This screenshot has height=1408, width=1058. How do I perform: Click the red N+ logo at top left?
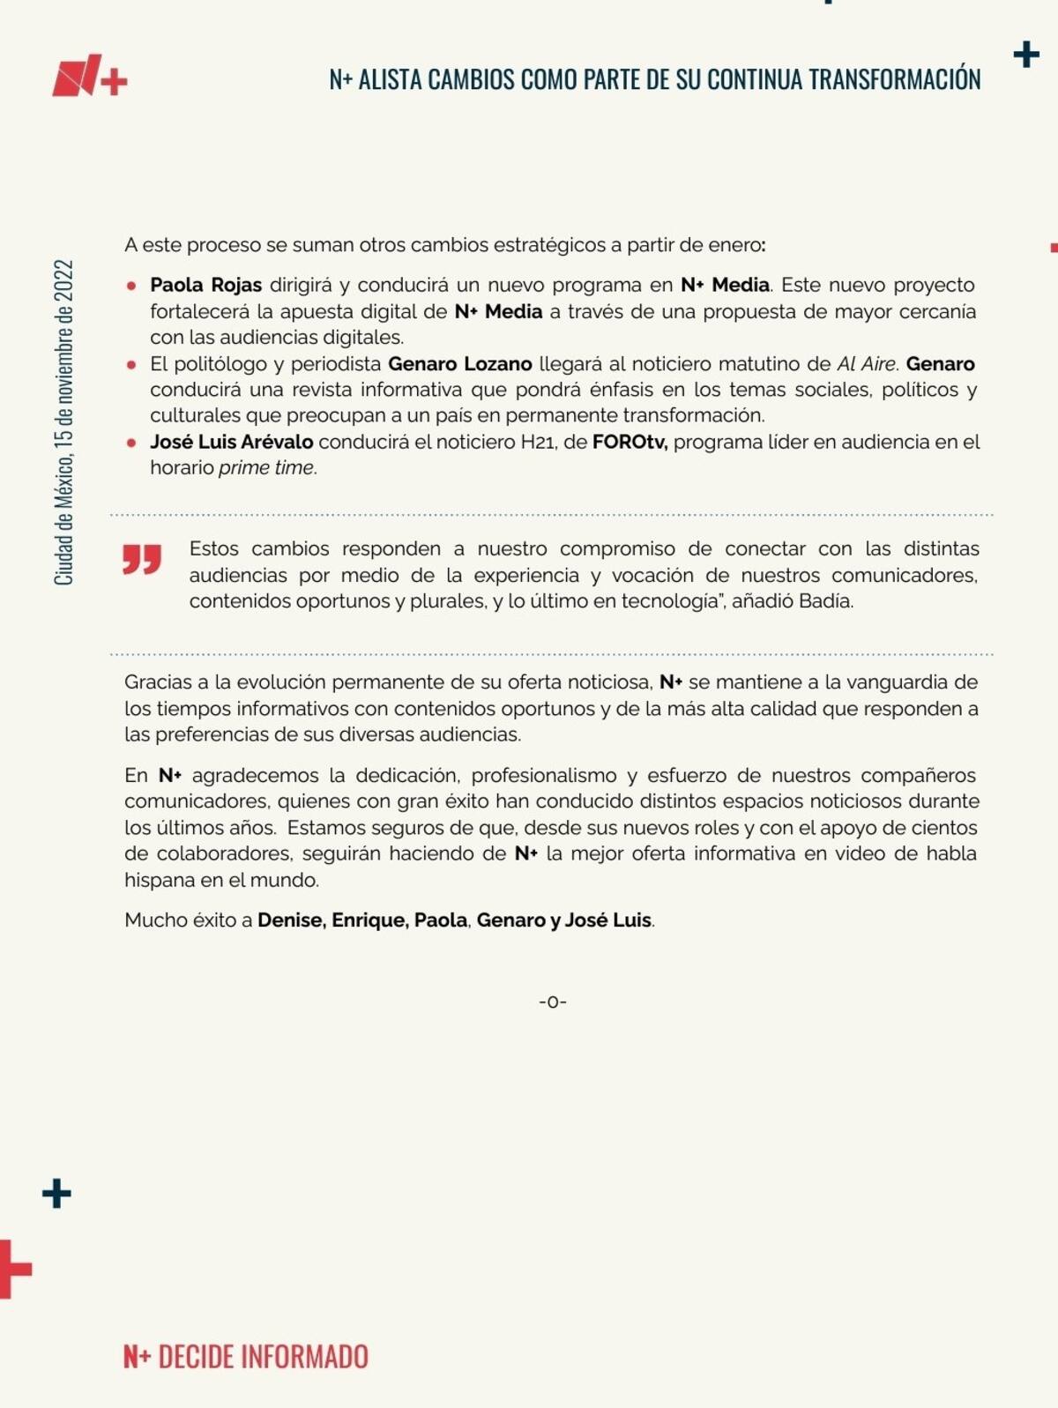(x=89, y=78)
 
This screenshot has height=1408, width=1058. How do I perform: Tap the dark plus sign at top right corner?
(x=1026, y=55)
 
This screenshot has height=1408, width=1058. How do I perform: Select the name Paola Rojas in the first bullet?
(x=205, y=285)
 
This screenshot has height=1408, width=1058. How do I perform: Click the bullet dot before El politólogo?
(x=131, y=364)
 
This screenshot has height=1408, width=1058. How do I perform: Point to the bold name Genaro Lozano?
(x=459, y=364)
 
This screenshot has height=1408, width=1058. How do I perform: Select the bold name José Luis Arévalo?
(x=231, y=442)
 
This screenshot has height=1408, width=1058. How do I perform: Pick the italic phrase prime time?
(x=266, y=467)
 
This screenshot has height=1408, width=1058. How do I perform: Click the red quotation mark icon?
(x=142, y=559)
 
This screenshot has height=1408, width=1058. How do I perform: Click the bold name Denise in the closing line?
(x=291, y=920)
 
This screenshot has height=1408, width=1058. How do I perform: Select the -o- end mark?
(x=553, y=1002)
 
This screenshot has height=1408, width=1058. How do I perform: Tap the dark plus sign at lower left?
(x=56, y=1194)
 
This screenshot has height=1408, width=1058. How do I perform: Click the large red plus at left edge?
(x=12, y=1270)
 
